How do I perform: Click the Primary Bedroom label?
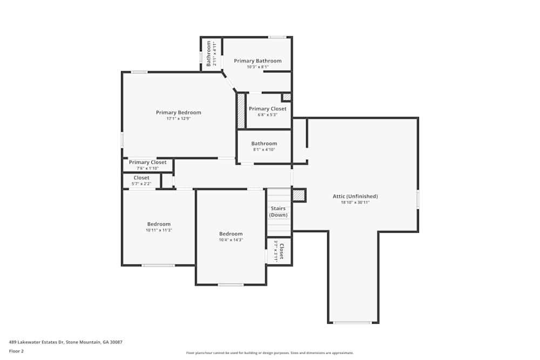pyautogui.click(x=178, y=112)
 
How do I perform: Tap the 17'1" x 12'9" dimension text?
pyautogui.click(x=178, y=118)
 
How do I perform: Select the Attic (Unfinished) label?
pyautogui.click(x=355, y=196)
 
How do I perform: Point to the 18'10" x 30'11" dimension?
pyautogui.click(x=355, y=203)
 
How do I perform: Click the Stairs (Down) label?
pyautogui.click(x=279, y=212)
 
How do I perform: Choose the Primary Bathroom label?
pyautogui.click(x=258, y=61)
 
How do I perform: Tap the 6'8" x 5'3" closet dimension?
pyautogui.click(x=267, y=114)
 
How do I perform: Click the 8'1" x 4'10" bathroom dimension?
pyautogui.click(x=264, y=150)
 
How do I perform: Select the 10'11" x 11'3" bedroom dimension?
pyautogui.click(x=159, y=230)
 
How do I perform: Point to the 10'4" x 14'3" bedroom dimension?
pyautogui.click(x=231, y=240)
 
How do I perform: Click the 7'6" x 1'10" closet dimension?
pyautogui.click(x=147, y=168)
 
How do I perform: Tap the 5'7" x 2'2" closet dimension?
pyautogui.click(x=141, y=184)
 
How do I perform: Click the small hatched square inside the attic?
pyautogui.click(x=299, y=195)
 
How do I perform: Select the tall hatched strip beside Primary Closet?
pyautogui.click(x=241, y=111)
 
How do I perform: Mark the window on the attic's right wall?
pyautogui.click(x=417, y=200)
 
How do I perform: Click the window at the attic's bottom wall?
pyautogui.click(x=352, y=323)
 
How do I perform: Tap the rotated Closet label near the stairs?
pyautogui.click(x=281, y=251)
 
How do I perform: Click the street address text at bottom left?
pyautogui.click(x=65, y=342)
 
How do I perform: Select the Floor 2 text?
pyautogui.click(x=16, y=351)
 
